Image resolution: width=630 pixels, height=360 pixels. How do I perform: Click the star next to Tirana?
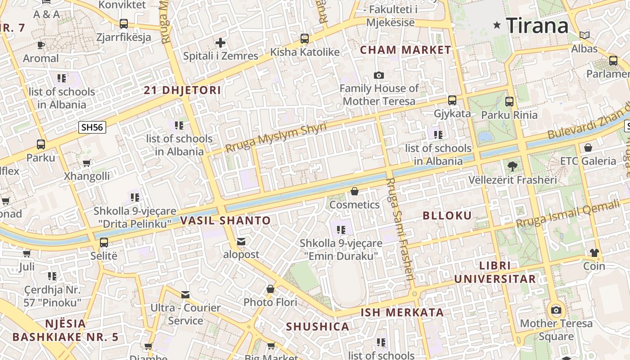click(x=497, y=25)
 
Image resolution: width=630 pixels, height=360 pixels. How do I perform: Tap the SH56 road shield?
click(x=92, y=127)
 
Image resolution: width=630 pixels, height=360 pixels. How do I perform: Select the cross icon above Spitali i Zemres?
click(x=220, y=43)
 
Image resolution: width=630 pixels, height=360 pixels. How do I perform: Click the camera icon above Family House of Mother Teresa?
click(x=379, y=75)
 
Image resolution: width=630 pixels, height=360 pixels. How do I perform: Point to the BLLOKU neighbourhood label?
click(x=447, y=216)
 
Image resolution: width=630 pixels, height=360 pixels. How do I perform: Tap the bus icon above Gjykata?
click(x=452, y=100)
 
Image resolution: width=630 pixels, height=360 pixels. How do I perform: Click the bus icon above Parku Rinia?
click(x=509, y=102)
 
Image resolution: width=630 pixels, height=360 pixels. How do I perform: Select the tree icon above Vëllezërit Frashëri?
click(x=512, y=166)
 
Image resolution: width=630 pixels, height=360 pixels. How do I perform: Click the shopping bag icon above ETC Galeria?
click(x=588, y=148)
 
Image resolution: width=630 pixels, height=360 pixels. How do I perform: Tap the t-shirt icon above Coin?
click(x=594, y=253)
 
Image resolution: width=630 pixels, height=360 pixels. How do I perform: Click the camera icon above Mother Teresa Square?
click(x=556, y=310)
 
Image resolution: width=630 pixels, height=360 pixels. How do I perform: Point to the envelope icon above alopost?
click(x=241, y=242)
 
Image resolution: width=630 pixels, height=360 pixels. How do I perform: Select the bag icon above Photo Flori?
click(x=270, y=289)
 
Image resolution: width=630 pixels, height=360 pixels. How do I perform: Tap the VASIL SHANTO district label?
click(x=225, y=220)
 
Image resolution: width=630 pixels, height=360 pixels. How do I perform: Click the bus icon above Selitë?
click(x=104, y=243)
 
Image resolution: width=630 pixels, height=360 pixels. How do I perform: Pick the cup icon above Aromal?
click(x=41, y=45)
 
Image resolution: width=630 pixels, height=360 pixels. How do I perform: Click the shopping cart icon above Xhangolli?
click(x=86, y=163)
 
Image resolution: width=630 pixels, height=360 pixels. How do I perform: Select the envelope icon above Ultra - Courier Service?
click(x=185, y=295)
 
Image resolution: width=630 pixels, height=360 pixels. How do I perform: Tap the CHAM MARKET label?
click(x=405, y=50)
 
